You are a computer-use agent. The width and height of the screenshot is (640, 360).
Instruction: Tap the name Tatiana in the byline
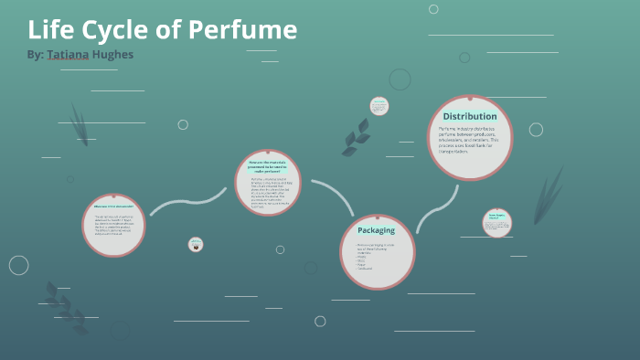pos(74,55)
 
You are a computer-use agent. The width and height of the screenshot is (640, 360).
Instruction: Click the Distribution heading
pos(470,116)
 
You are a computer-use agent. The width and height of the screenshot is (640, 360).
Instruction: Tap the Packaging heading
pos(376,230)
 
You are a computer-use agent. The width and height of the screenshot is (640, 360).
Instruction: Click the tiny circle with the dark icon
pos(196,244)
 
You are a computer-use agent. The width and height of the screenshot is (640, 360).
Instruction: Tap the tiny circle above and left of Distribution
pos(379,106)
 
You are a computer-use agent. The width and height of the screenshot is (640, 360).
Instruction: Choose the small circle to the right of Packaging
pos(497,223)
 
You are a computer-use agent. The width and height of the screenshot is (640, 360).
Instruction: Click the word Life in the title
pos(48,30)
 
